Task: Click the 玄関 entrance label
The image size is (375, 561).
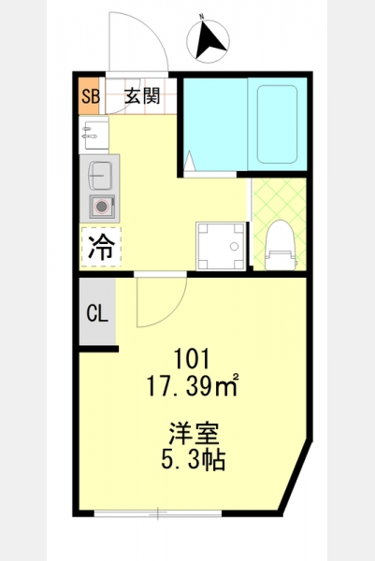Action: [142, 96]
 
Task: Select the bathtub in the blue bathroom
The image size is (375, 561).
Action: [278, 124]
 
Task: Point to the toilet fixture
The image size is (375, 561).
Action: [281, 245]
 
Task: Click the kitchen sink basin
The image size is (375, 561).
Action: [100, 176]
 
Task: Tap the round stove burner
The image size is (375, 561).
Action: [102, 206]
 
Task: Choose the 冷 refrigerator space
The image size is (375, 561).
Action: [101, 247]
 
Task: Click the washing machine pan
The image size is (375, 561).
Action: [221, 246]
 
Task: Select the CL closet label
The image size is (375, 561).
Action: [97, 313]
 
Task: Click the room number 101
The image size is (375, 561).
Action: [191, 359]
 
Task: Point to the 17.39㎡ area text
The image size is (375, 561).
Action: [193, 385]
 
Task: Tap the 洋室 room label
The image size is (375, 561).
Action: [194, 433]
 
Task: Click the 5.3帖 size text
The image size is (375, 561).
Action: [193, 460]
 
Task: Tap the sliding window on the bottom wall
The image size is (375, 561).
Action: [158, 513]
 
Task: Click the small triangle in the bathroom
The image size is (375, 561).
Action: [189, 160]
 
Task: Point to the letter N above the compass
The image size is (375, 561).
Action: [201, 17]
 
